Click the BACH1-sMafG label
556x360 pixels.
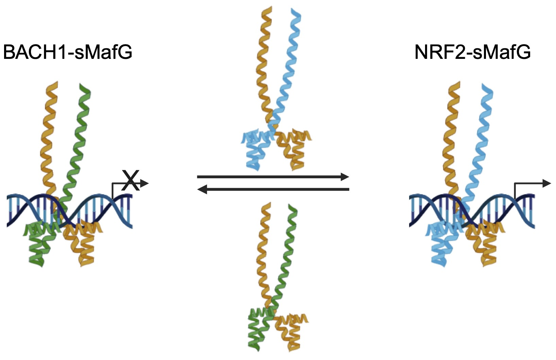[x=67, y=52]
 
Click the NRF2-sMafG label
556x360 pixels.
[x=472, y=52]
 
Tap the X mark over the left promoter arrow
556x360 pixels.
[x=130, y=180]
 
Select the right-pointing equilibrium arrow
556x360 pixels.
[x=273, y=177]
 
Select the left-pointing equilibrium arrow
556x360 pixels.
[x=273, y=189]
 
